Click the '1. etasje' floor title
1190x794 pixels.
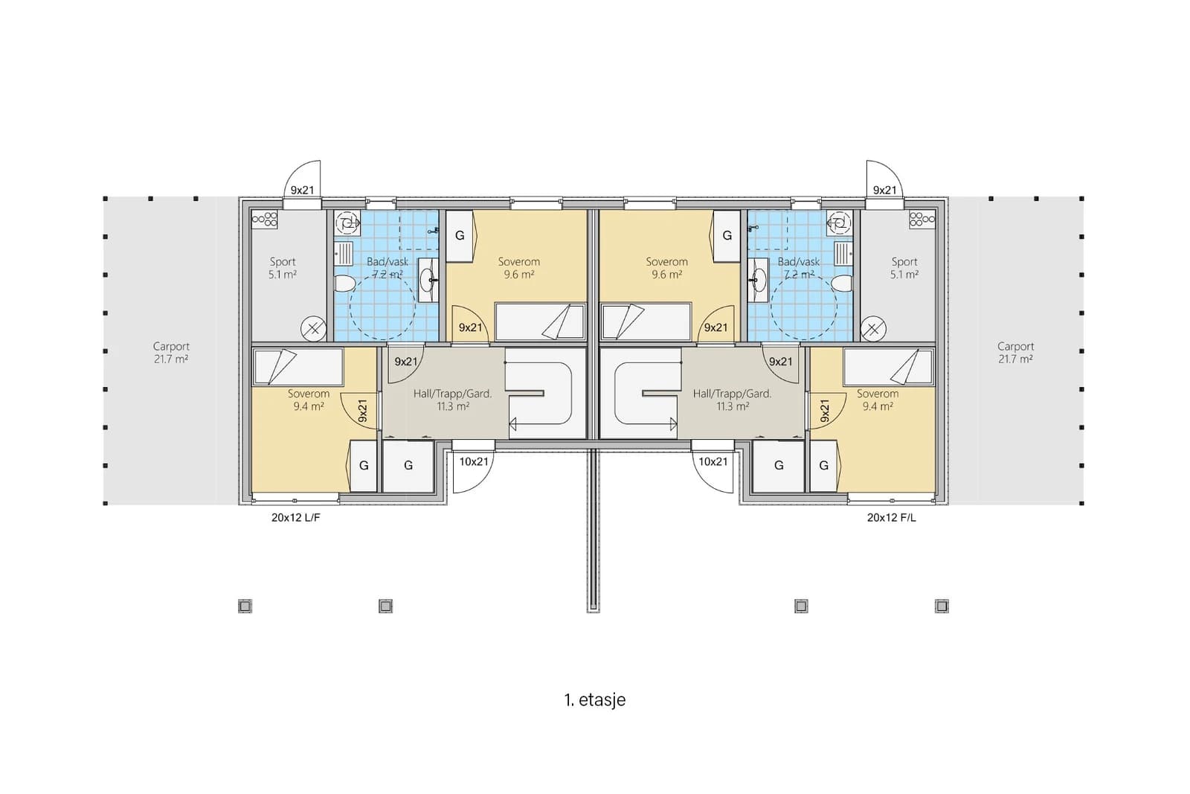[594, 700]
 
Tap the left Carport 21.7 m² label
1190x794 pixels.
[171, 353]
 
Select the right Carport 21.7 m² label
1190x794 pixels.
[1015, 353]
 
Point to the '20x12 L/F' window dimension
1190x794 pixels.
[296, 518]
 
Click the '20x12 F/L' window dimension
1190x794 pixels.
[892, 518]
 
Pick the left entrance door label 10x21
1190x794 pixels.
[473, 462]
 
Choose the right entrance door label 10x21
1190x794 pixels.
[713, 462]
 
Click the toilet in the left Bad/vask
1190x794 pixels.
[344, 283]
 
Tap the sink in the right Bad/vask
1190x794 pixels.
[758, 276]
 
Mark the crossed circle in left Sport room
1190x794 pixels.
[314, 329]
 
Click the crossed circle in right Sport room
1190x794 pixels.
[873, 329]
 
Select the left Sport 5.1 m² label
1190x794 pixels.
[282, 269]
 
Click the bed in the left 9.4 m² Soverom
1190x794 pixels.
[297, 367]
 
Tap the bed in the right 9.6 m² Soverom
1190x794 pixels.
[646, 322]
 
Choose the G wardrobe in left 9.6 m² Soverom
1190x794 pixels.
[460, 236]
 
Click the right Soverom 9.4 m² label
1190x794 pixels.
[878, 400]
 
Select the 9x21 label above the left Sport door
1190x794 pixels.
[302, 191]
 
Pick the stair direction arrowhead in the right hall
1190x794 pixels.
[674, 424]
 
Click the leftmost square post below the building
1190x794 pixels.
[245, 606]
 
